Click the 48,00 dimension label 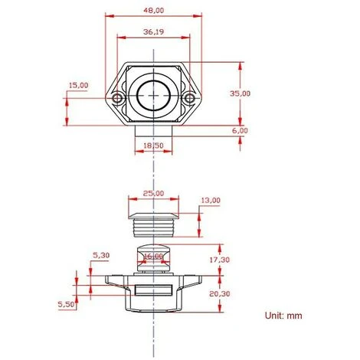click(x=154, y=11)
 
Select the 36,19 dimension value click(x=154, y=32)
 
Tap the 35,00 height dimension click(x=240, y=93)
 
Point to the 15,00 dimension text click(x=78, y=85)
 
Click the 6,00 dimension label click(x=240, y=130)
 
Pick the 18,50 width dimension click(x=153, y=146)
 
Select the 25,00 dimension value click(x=153, y=193)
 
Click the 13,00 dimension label click(x=211, y=201)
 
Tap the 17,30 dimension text click(x=220, y=260)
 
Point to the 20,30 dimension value click(x=220, y=294)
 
